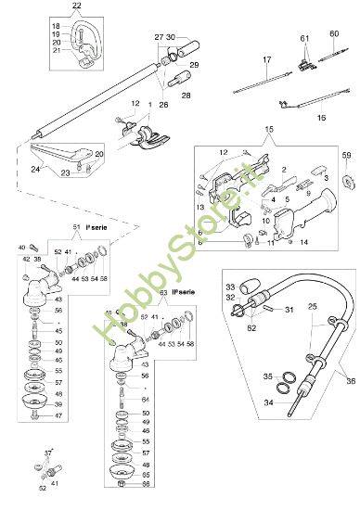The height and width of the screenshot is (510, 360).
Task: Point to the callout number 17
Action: (266, 60)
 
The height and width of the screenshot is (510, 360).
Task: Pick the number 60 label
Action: (334, 34)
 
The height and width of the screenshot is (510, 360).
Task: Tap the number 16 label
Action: (321, 119)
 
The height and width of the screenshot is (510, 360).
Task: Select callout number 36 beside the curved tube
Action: (351, 379)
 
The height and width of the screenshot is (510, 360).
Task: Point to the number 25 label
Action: (311, 305)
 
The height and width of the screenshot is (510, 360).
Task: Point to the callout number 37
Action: (47, 452)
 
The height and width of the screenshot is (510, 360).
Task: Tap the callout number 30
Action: (170, 36)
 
